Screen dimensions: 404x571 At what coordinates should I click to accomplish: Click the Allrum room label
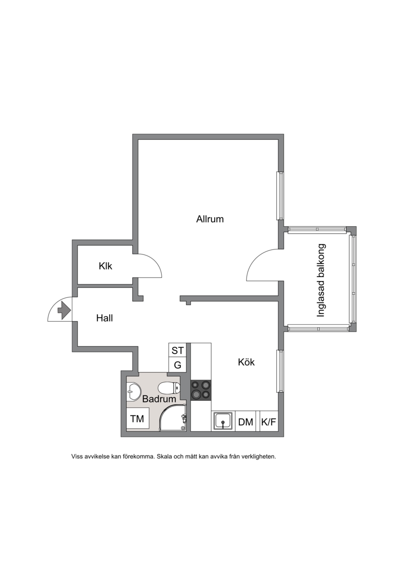(x=210, y=219)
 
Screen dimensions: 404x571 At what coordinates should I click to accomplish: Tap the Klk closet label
(x=105, y=266)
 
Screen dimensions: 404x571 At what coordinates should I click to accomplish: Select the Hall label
(x=104, y=318)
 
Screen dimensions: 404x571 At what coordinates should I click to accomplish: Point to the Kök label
(x=246, y=362)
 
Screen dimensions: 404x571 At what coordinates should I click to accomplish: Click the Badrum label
(x=159, y=399)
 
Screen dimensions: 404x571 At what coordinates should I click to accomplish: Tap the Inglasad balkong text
(x=321, y=280)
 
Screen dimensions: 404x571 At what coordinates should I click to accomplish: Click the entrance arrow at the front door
(x=64, y=310)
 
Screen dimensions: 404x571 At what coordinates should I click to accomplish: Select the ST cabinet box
(x=178, y=350)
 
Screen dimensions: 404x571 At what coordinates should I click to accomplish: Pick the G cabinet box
(x=178, y=365)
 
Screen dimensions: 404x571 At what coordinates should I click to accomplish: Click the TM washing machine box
(x=137, y=419)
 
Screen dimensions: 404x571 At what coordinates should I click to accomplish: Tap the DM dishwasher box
(x=245, y=422)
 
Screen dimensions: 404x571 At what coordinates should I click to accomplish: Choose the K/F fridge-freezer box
(x=269, y=422)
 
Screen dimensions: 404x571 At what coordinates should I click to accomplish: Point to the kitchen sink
(x=223, y=422)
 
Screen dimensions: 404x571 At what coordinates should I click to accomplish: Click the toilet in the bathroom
(x=169, y=388)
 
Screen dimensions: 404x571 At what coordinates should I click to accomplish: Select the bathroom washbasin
(x=133, y=391)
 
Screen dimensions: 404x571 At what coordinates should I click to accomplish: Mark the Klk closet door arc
(x=154, y=262)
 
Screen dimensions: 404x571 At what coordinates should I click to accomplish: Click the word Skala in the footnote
(x=164, y=456)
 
